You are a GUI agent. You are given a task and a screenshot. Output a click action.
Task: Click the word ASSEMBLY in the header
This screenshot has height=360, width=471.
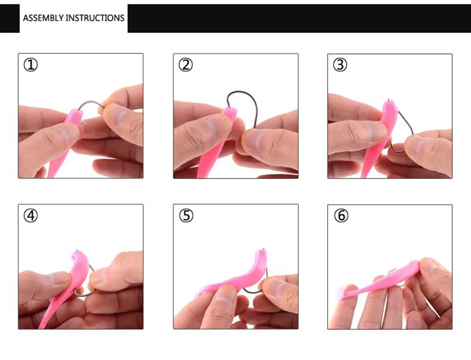(x=43, y=18)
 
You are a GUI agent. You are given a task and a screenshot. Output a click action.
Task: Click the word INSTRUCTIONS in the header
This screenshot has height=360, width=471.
(x=95, y=18)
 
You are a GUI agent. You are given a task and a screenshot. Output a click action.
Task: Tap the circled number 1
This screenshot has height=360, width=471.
(x=30, y=65)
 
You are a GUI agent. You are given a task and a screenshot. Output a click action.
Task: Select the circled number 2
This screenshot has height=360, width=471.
(x=185, y=65)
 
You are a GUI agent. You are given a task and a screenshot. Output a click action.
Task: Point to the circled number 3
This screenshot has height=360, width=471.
(x=340, y=65)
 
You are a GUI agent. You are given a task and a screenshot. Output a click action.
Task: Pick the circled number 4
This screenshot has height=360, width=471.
(x=30, y=216)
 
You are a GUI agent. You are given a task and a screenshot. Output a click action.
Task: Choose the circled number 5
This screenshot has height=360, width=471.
(x=186, y=216)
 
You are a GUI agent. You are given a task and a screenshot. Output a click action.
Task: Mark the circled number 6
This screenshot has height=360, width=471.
(x=341, y=216)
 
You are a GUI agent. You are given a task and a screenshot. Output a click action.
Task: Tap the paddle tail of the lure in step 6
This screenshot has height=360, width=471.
(x=340, y=292)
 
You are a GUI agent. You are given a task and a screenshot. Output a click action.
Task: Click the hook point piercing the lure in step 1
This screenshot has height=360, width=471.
(x=83, y=123)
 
